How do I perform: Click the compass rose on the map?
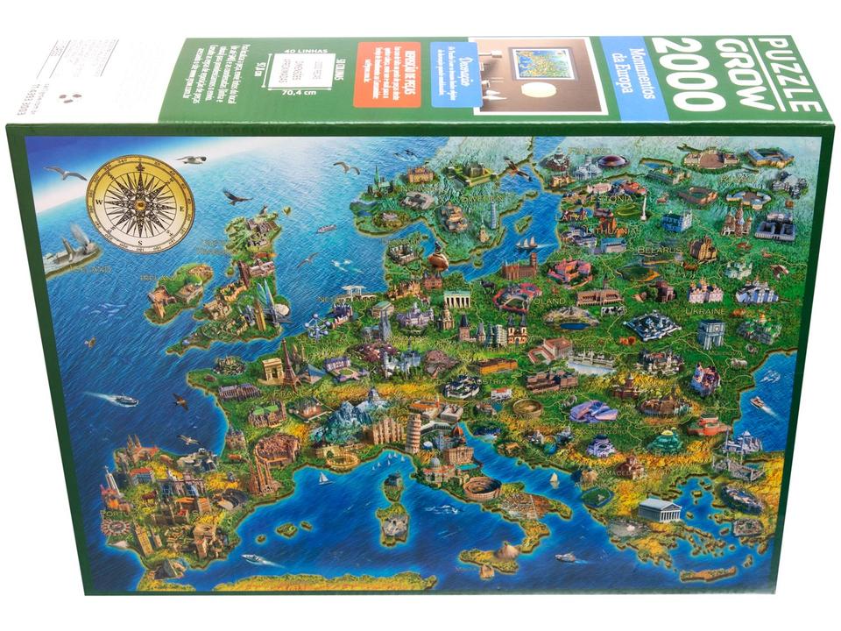pyautogui.click(x=140, y=202)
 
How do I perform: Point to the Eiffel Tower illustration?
pyautogui.click(x=289, y=364)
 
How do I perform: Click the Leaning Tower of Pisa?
pyautogui.click(x=413, y=432)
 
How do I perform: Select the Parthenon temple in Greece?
pyautogui.click(x=659, y=509)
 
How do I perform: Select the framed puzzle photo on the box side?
pyautogui.click(x=540, y=76)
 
